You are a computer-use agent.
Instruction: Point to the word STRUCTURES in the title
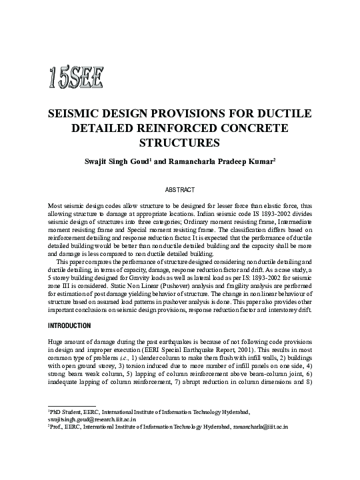pyautogui.click(x=179, y=142)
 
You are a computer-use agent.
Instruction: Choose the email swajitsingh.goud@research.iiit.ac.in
pyautogui.click(x=92, y=420)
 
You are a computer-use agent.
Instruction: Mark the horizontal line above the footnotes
pyautogui.click(x=72, y=406)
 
